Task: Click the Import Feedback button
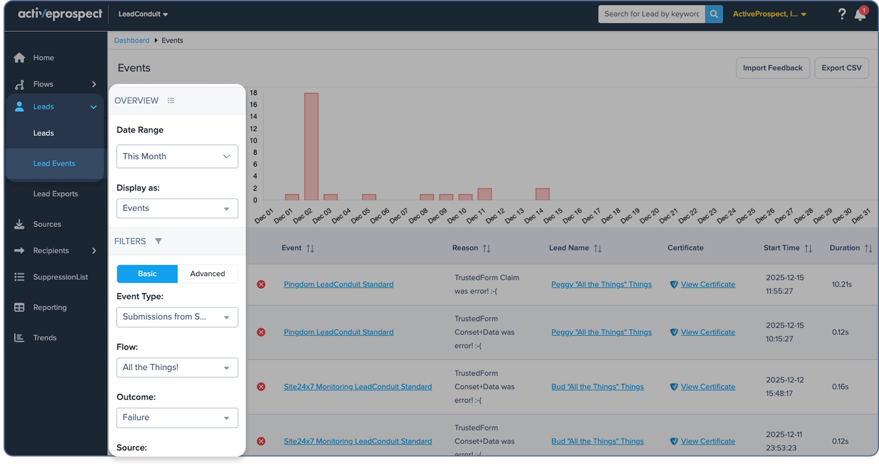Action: click(x=773, y=68)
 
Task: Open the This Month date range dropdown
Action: click(x=177, y=156)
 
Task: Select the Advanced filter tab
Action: click(x=207, y=274)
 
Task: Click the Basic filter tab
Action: click(x=147, y=274)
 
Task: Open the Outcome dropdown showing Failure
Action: click(x=177, y=418)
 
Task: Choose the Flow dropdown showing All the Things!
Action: click(x=177, y=367)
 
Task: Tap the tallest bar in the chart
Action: click(x=311, y=146)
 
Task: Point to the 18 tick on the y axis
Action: click(x=253, y=93)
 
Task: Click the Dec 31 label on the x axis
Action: click(x=861, y=216)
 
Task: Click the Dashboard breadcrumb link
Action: click(x=132, y=40)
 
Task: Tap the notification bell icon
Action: click(x=860, y=15)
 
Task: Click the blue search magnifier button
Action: click(x=714, y=14)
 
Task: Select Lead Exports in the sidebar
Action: click(x=55, y=194)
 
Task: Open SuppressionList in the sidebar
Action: click(x=60, y=277)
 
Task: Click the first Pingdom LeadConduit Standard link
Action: click(x=338, y=284)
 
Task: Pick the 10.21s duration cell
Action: click(x=841, y=284)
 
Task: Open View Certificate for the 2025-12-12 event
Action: click(x=708, y=386)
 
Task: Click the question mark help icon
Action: click(x=842, y=14)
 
